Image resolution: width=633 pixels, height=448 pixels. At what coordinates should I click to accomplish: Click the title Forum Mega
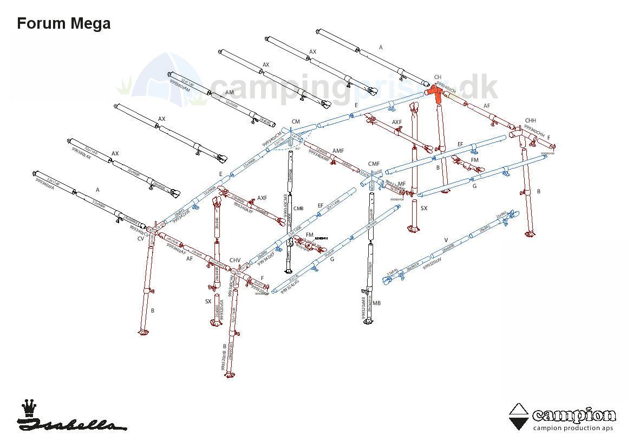tap(64, 24)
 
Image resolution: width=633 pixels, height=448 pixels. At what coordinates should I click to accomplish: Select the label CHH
tap(530, 121)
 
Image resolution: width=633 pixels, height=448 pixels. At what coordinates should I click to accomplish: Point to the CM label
tap(296, 122)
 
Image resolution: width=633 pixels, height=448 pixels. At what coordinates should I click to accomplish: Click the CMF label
tap(374, 164)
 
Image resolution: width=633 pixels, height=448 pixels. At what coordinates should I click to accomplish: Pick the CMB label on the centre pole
tap(298, 209)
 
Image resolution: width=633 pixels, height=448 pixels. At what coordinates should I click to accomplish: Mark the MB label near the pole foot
tap(376, 303)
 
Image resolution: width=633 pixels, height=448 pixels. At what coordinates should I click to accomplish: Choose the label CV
tap(141, 238)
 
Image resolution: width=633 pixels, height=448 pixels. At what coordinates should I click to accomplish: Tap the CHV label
tap(235, 261)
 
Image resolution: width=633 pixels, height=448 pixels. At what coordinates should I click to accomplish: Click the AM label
tap(229, 93)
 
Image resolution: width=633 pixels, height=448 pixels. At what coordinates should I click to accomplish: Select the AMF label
tap(338, 151)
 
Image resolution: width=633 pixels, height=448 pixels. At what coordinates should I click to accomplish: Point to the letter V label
tap(446, 240)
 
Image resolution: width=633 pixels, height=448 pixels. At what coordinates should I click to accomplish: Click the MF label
tap(402, 184)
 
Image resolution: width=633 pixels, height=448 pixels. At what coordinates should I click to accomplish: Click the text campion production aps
tap(573, 428)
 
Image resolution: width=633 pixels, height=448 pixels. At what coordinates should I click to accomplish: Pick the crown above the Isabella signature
tap(28, 407)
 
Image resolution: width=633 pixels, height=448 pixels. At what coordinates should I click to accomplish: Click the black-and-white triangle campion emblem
tap(519, 417)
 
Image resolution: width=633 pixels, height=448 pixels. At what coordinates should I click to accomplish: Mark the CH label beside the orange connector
tap(438, 77)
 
